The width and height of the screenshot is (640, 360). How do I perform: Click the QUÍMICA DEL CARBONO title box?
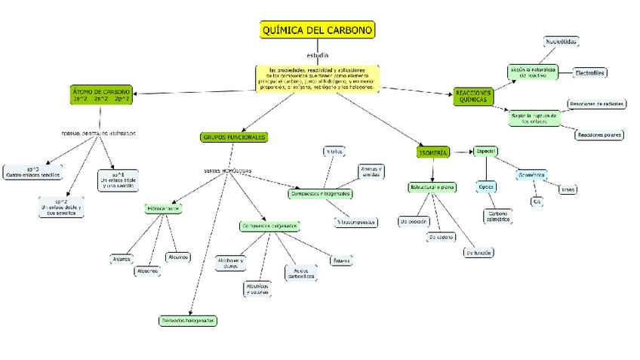coord(316,29)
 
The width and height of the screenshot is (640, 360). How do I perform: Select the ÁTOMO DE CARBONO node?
coord(101,94)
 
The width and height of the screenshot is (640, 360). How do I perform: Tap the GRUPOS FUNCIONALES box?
coord(234,137)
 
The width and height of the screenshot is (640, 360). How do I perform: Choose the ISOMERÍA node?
coord(433,152)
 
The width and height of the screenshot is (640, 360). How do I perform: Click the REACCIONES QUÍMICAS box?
coord(474,97)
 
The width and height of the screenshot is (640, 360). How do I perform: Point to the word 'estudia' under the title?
coord(318,55)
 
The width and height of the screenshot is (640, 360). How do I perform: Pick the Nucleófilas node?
coord(562,42)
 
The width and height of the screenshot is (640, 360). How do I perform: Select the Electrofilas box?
coord(589,73)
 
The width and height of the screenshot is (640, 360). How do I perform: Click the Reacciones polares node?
coord(600,135)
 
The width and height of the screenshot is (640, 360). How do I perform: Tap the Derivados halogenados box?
coord(188,320)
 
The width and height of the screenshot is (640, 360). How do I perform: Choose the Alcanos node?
coord(122,258)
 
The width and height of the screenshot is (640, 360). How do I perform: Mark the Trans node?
coord(567,189)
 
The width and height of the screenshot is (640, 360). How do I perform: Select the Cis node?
coord(537,202)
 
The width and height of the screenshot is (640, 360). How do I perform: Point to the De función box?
coord(479,253)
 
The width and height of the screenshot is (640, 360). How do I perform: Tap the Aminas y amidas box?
coord(371,171)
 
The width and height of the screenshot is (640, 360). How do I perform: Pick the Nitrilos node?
coord(334,152)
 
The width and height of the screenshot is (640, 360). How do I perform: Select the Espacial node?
coord(485,152)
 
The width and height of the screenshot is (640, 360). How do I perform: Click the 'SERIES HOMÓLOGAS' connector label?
coord(228,171)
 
